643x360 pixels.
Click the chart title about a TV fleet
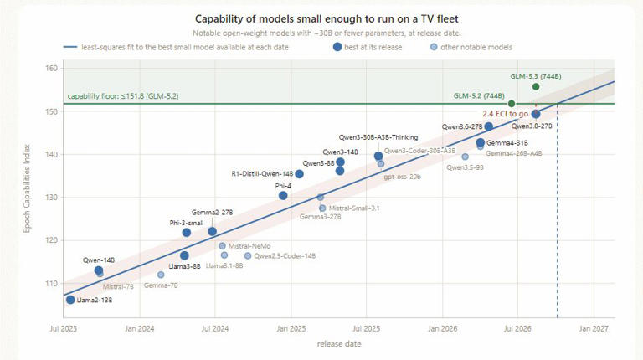(327, 19)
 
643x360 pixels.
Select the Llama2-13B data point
(70, 300)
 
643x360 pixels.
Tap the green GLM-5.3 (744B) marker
(536, 86)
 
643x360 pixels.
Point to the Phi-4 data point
(283, 196)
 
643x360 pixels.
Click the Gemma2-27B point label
(212, 213)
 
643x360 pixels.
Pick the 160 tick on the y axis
(51, 68)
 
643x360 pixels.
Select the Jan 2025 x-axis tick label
(291, 328)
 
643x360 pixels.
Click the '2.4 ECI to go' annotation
(505, 114)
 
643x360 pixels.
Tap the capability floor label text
(123, 96)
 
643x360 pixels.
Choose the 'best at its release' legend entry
(368, 47)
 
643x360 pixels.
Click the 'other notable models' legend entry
(471, 47)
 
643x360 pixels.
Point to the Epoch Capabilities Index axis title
(27, 188)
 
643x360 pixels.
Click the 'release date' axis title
(339, 343)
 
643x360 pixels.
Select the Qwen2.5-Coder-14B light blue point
(248, 256)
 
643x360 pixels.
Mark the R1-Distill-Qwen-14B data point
(300, 174)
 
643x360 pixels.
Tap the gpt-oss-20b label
(402, 177)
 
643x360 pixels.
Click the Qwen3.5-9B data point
(465, 157)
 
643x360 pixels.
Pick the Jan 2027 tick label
(594, 328)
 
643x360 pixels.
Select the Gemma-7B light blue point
(161, 275)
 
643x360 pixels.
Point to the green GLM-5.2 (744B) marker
(512, 104)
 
